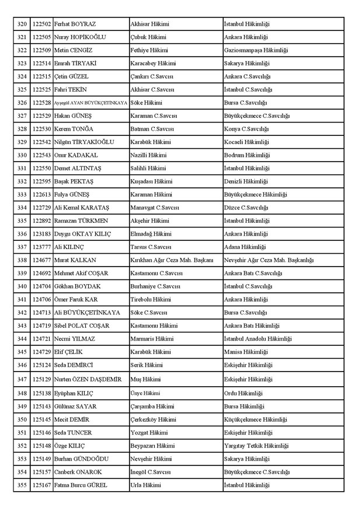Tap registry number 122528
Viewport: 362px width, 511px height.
point(41,103)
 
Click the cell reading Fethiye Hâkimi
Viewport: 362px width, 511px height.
point(148,51)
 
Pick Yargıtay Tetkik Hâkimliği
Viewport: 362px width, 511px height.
point(255,446)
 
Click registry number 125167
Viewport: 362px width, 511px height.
point(41,485)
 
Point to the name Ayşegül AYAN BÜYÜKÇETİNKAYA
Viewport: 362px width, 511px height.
point(90,103)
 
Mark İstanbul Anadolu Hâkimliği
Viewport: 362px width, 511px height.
point(258,338)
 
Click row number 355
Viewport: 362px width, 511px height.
point(22,485)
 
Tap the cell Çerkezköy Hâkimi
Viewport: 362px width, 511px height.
point(153,419)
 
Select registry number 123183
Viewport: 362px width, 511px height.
point(41,234)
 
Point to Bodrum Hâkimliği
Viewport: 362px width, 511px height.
point(247,155)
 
